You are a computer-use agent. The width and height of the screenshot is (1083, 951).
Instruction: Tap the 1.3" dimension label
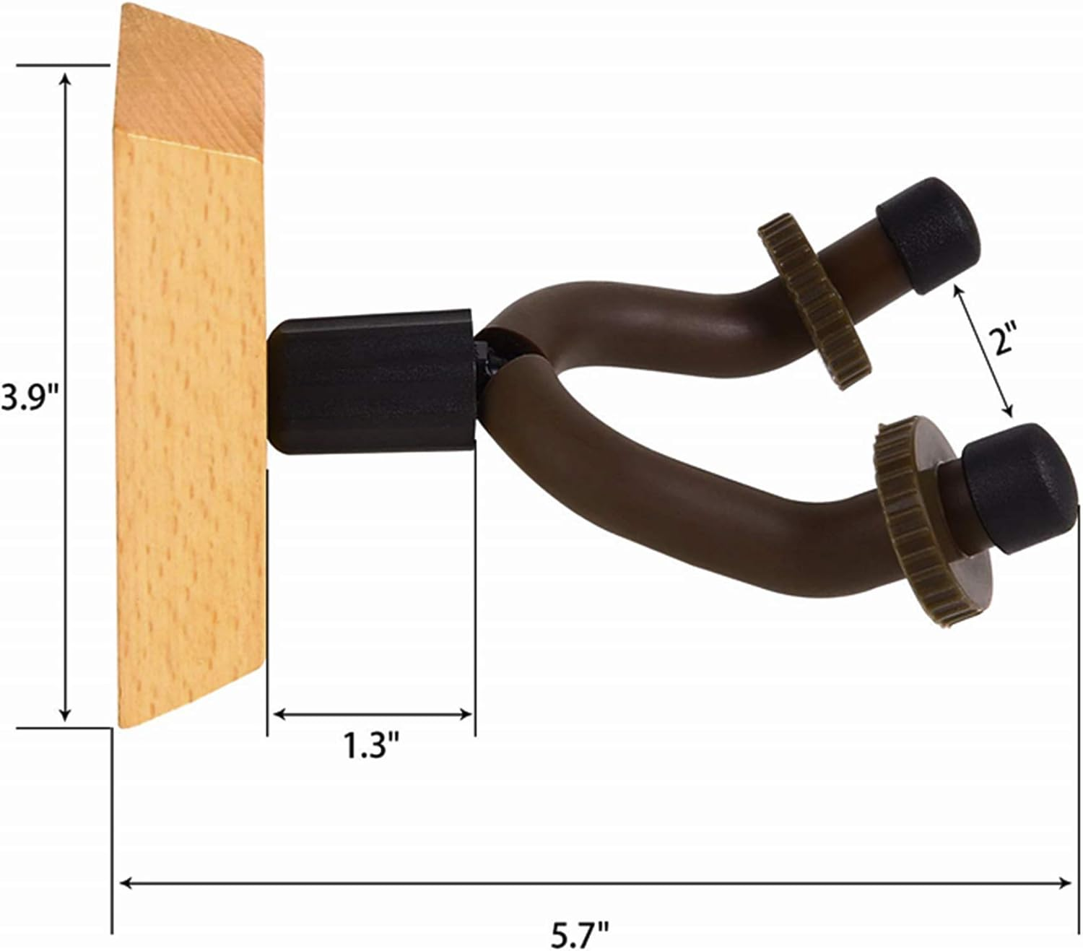[x=371, y=745]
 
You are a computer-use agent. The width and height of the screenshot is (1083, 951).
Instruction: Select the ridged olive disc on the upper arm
[x=814, y=301]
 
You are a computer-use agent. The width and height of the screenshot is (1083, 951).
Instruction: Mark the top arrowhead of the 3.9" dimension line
[x=66, y=79]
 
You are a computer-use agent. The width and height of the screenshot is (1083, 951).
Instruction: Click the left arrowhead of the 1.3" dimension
[x=278, y=714]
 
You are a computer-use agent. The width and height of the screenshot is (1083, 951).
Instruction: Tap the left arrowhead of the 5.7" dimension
[x=124, y=883]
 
